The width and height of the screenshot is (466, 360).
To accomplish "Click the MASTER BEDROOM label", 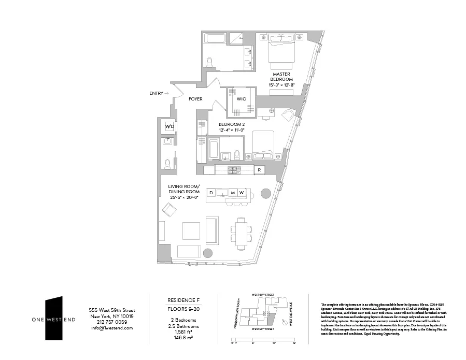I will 281,77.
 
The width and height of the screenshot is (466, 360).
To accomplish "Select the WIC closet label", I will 241,98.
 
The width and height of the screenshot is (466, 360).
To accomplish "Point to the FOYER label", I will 195,99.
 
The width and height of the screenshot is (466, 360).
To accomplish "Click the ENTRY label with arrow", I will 159,93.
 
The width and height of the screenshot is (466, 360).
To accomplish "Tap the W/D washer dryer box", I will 169,126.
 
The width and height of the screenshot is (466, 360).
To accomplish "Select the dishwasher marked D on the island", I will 211,193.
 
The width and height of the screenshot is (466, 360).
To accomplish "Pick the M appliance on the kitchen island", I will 233,193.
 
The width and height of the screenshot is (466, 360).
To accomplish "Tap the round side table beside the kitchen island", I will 265,193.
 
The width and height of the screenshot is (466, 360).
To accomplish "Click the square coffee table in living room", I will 191,231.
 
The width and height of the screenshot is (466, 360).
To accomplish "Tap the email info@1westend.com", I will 111,328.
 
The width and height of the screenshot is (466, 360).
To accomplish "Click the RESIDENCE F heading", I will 180,300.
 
